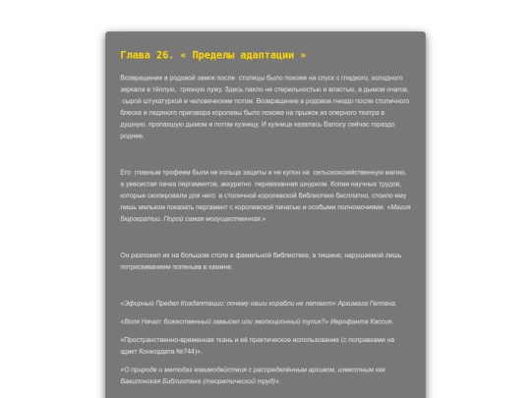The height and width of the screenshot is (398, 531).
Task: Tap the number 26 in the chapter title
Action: (171, 56)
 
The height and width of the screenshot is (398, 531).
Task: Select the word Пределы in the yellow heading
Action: (228, 56)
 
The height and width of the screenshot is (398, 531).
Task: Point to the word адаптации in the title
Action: (278, 56)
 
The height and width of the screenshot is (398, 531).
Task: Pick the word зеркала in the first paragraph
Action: (135, 89)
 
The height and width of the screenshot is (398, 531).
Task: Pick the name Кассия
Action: (382, 321)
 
